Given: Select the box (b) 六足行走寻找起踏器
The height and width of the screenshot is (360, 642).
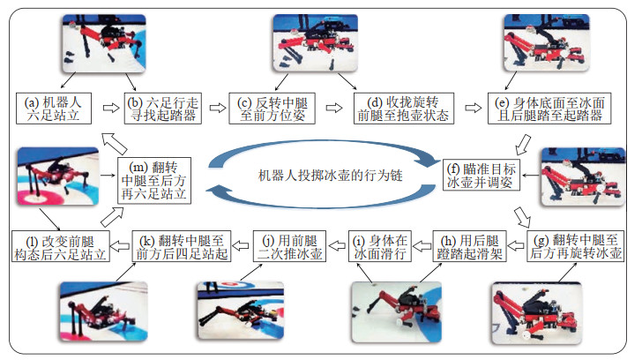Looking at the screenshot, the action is coord(164,108).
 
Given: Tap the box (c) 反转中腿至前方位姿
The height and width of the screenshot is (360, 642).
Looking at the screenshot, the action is coord(272,108).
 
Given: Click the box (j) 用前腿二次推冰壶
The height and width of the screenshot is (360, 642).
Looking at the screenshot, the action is coord(290,245).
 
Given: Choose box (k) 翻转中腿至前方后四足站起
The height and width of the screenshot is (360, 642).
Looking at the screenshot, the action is coord(187,245).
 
